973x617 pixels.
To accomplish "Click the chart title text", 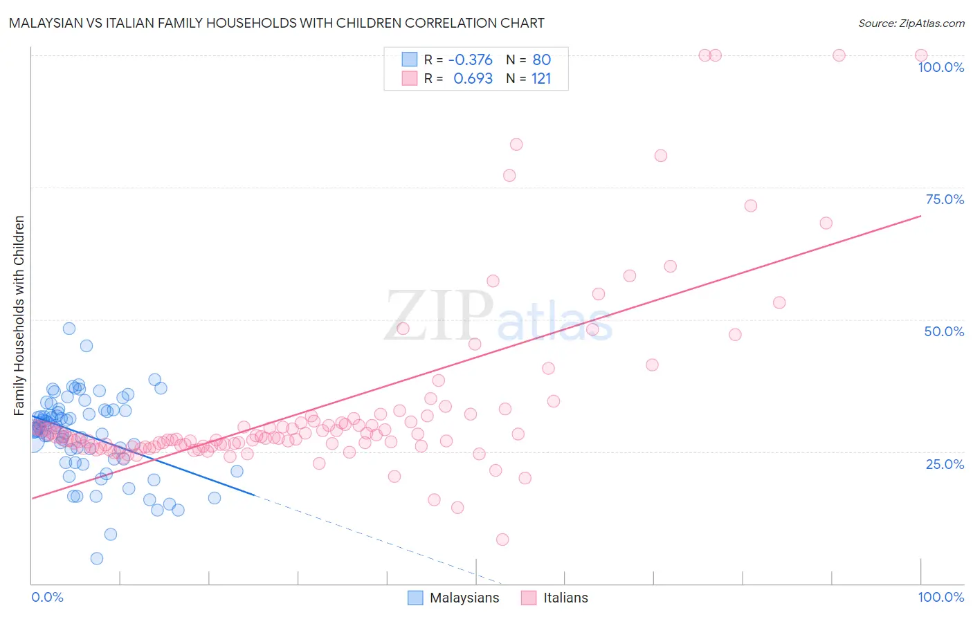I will coord(277,23).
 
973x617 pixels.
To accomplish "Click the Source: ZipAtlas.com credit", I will coord(911,23).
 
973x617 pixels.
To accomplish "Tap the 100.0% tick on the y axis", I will coord(940,67).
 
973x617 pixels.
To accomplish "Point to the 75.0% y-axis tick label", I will coord(945,199).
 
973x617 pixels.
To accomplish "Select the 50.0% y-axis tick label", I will coord(944,331).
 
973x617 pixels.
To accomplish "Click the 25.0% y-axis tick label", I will coord(945,464).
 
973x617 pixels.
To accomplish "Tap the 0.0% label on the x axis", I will coord(47,597).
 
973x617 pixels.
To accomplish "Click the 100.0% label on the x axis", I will coord(940,597).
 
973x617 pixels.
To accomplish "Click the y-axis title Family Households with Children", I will coord(19,315).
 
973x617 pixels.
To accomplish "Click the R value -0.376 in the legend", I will coord(471,60).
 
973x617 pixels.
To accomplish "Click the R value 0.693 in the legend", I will coord(473,79).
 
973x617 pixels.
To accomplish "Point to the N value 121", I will coord(541,79).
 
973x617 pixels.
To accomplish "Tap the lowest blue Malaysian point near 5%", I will coord(97,558).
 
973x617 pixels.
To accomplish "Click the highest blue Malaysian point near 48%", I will coord(69,329).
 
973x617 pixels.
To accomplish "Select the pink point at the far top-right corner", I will coord(921,55).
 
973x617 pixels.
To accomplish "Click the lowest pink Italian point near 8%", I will coord(502,540).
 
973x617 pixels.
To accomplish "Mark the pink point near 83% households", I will coord(516,145).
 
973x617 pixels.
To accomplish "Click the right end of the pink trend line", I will coord(921,216).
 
